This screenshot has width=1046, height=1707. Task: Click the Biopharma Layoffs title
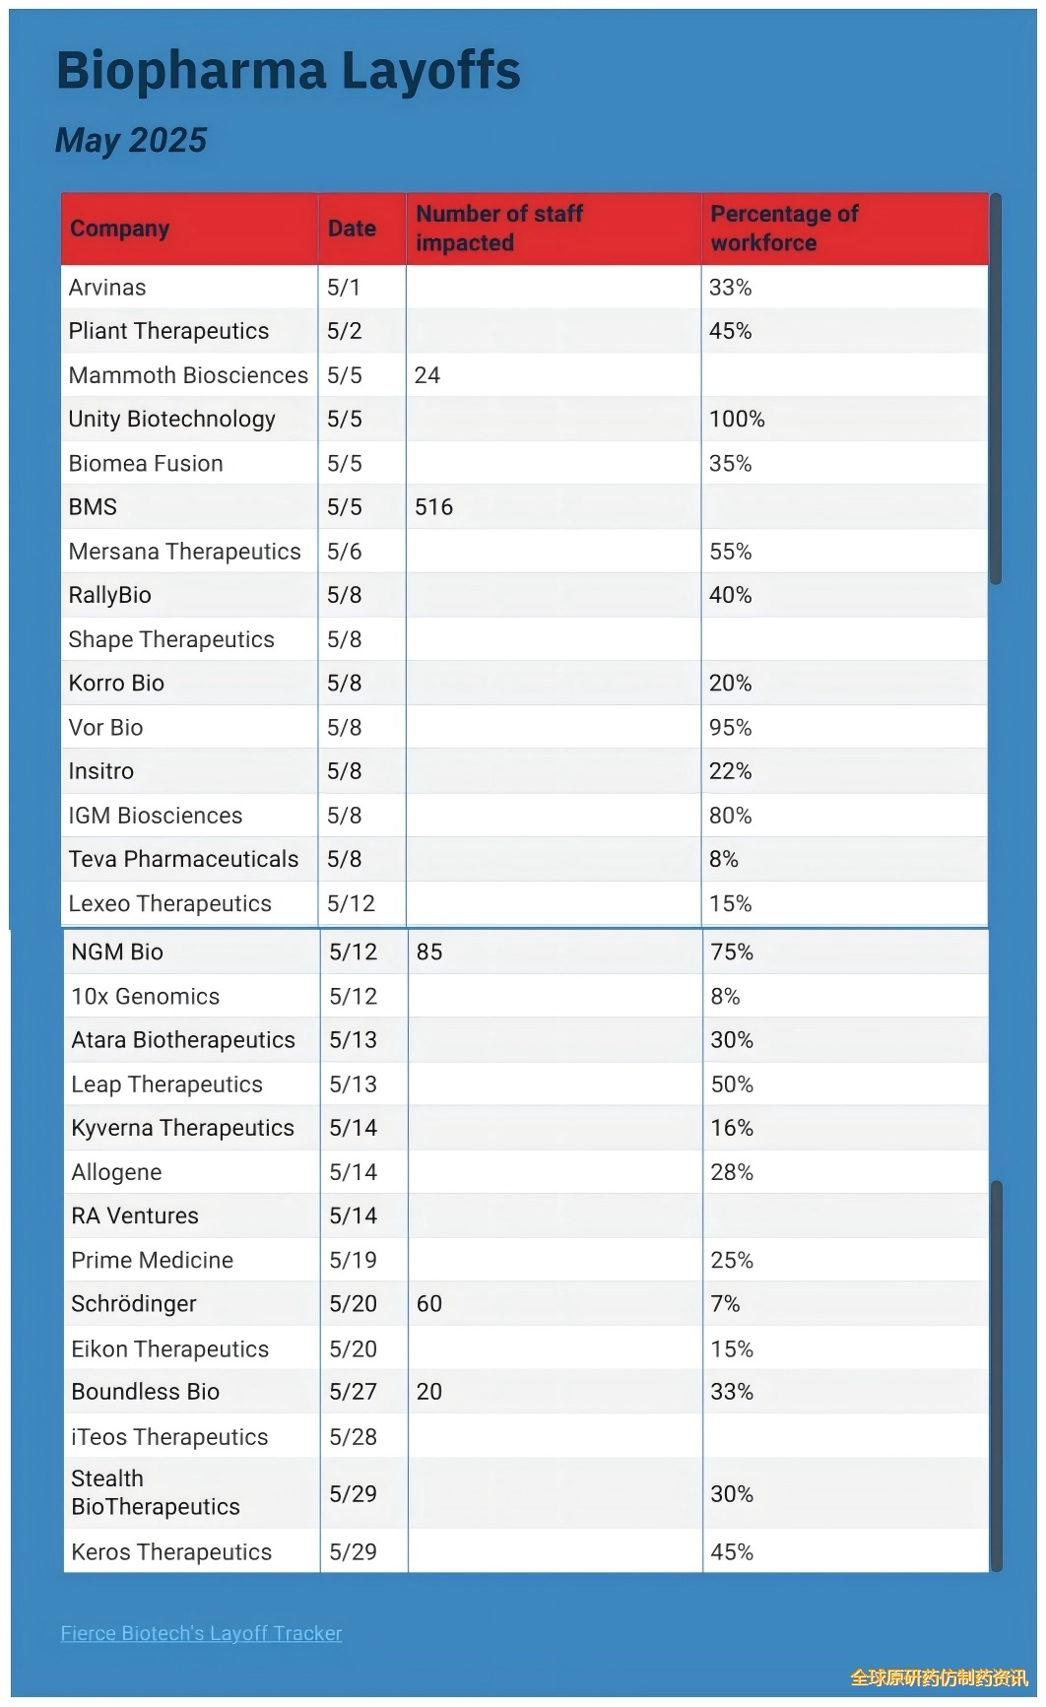[288, 71]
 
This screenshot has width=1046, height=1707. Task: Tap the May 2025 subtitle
[131, 140]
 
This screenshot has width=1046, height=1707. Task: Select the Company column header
[119, 229]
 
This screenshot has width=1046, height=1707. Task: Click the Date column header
[352, 229]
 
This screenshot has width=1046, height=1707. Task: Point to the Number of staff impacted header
[499, 229]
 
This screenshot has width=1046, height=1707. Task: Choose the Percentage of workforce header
[784, 229]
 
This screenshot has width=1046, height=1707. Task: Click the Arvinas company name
[107, 288]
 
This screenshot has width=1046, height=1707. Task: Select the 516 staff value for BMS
[433, 507]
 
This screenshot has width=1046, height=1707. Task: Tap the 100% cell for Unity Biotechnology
[737, 420]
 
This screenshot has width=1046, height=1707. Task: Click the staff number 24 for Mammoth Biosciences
[426, 375]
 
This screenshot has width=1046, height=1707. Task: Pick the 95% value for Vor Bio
[730, 728]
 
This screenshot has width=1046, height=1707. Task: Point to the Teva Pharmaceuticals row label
[183, 859]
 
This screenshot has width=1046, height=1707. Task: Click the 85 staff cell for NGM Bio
[429, 952]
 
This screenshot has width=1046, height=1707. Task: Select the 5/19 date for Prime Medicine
[353, 1260]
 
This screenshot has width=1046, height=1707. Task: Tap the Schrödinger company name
[134, 1304]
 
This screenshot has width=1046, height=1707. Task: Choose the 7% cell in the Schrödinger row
[725, 1304]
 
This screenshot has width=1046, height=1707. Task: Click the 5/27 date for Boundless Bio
[353, 1392]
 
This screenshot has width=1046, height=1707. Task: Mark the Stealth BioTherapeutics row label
[156, 1493]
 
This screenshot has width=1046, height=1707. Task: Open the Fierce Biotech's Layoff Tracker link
[201, 1633]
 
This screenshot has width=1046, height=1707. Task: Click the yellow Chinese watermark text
[939, 1677]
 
